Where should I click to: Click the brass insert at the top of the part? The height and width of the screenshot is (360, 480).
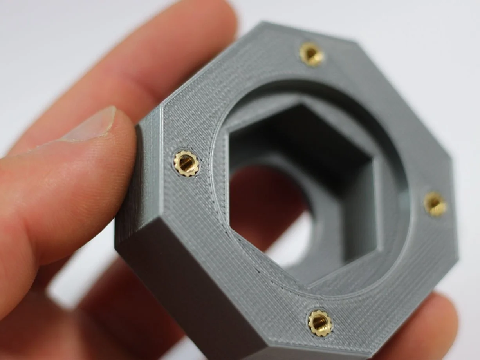point(312,54)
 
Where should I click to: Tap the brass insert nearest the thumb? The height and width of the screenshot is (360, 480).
point(186,163)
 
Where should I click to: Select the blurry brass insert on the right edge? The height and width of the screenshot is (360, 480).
point(435,203)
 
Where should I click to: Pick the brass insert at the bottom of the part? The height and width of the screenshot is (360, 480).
point(320,323)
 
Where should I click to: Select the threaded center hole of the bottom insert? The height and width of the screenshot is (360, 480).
point(320,322)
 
